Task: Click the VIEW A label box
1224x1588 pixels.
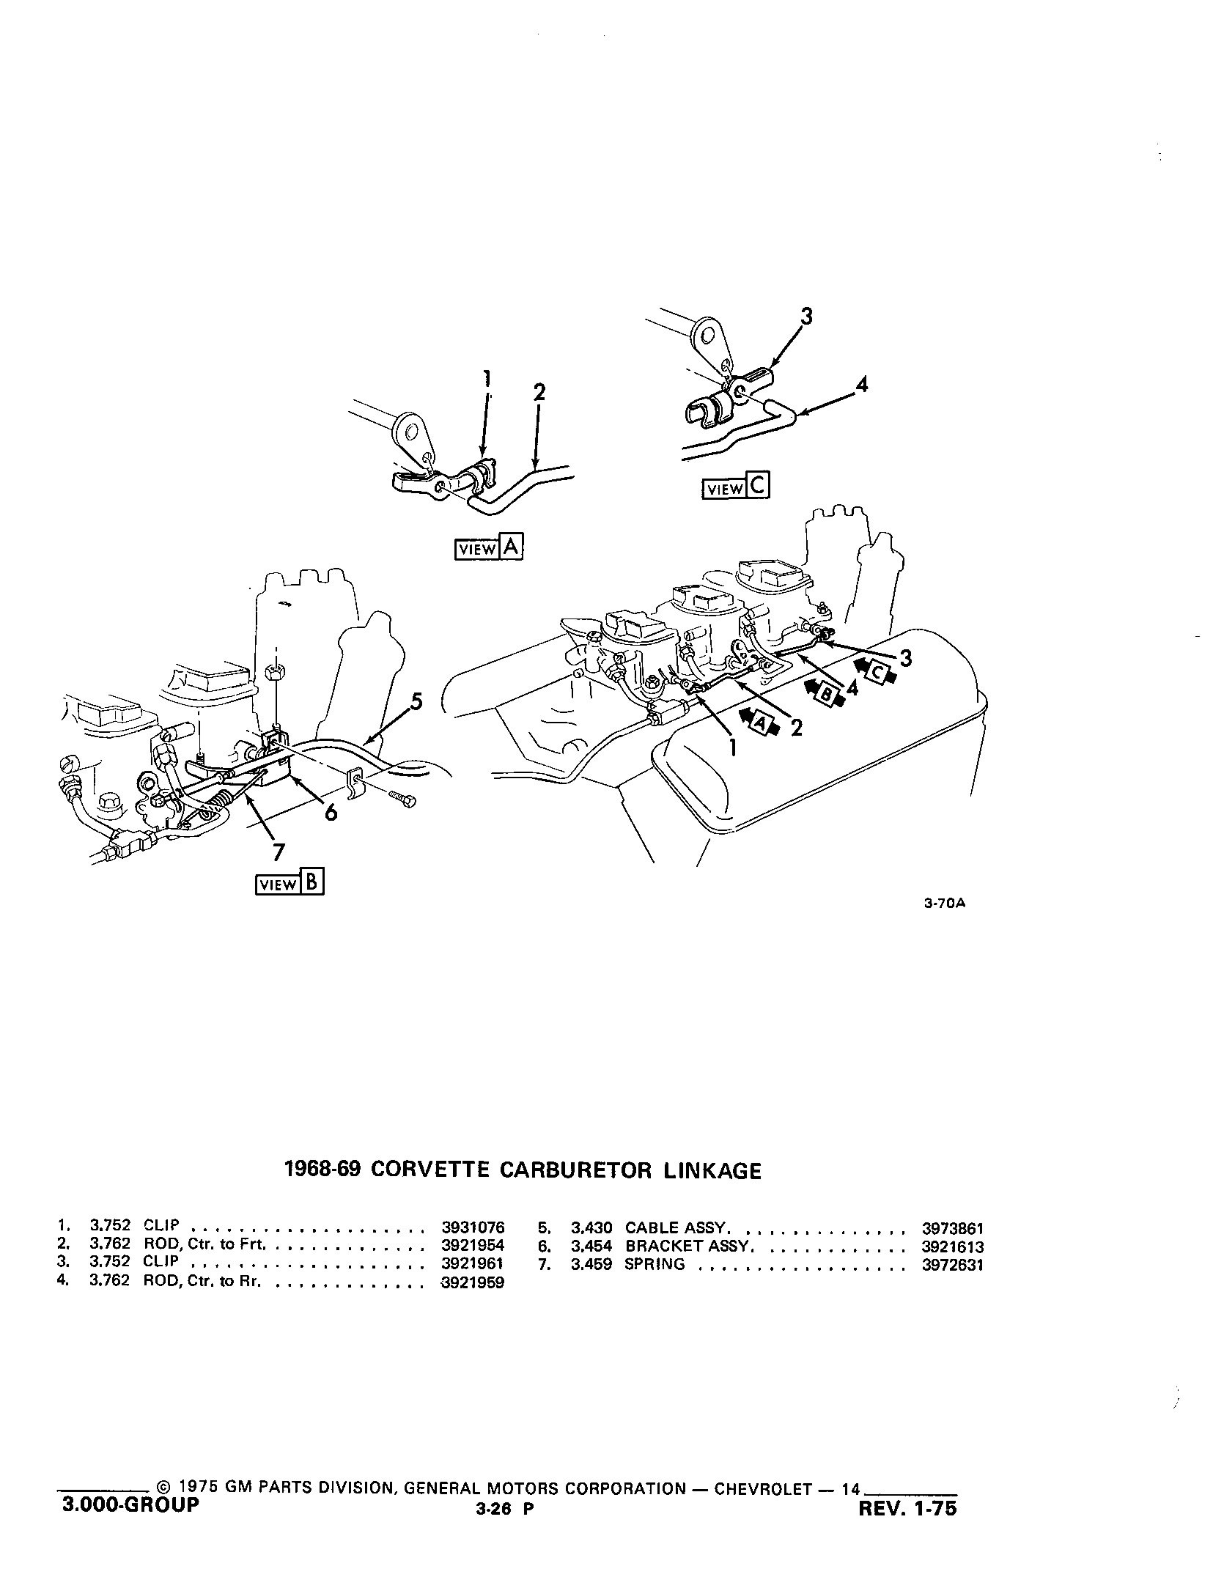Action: coord(489,548)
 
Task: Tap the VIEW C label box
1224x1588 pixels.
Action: coord(736,488)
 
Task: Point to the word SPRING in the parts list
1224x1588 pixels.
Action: coord(655,1265)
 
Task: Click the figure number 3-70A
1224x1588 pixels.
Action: coord(945,904)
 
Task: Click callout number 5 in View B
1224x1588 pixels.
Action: coord(416,702)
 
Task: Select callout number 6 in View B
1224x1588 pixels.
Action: coord(331,811)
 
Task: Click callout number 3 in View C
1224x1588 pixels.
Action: coord(806,317)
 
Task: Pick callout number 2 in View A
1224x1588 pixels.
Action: coord(539,392)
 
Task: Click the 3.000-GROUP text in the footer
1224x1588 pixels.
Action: coord(128,1505)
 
